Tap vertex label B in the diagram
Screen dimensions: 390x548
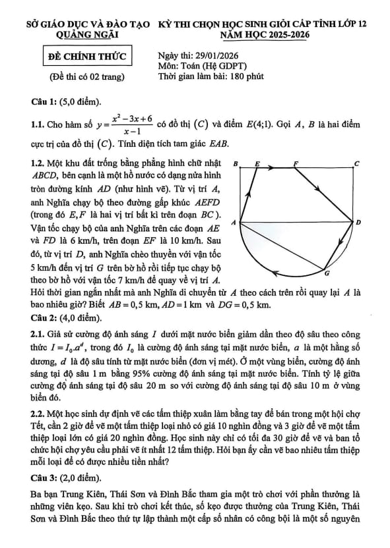[x=236, y=163]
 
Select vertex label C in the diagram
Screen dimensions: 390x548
[x=357, y=163]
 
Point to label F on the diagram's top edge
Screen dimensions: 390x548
[x=296, y=163]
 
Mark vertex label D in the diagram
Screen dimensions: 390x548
[x=358, y=223]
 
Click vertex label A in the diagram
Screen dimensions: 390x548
[x=233, y=223]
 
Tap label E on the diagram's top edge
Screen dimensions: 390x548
[x=257, y=163]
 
